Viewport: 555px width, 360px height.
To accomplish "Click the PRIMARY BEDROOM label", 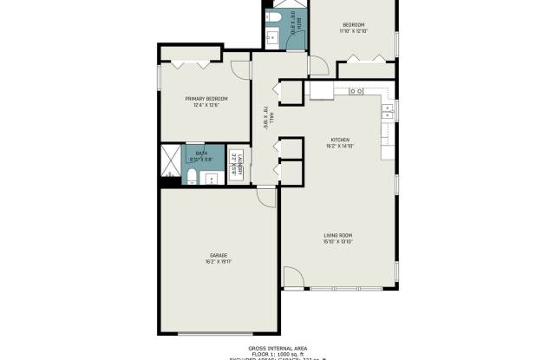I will point(206,99).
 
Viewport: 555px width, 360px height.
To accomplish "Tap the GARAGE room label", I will point(217,255).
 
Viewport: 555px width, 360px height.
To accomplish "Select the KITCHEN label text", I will point(339,140).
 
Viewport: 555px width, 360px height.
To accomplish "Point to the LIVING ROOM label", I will point(339,235).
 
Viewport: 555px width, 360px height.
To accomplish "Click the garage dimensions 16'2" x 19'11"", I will point(217,262).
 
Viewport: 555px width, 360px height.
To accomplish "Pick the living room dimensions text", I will point(339,242).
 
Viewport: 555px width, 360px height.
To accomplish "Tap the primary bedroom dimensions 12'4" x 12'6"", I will point(206,106).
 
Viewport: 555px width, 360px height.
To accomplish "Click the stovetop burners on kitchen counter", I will point(356,91).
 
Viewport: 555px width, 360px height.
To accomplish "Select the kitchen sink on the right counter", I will point(387,110).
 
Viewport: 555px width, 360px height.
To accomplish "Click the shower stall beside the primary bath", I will point(168,160).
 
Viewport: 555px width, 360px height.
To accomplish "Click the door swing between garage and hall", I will point(268,199).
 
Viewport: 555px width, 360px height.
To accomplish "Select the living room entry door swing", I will point(293,278).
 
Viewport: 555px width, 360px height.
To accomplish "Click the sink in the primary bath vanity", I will point(212,178).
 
